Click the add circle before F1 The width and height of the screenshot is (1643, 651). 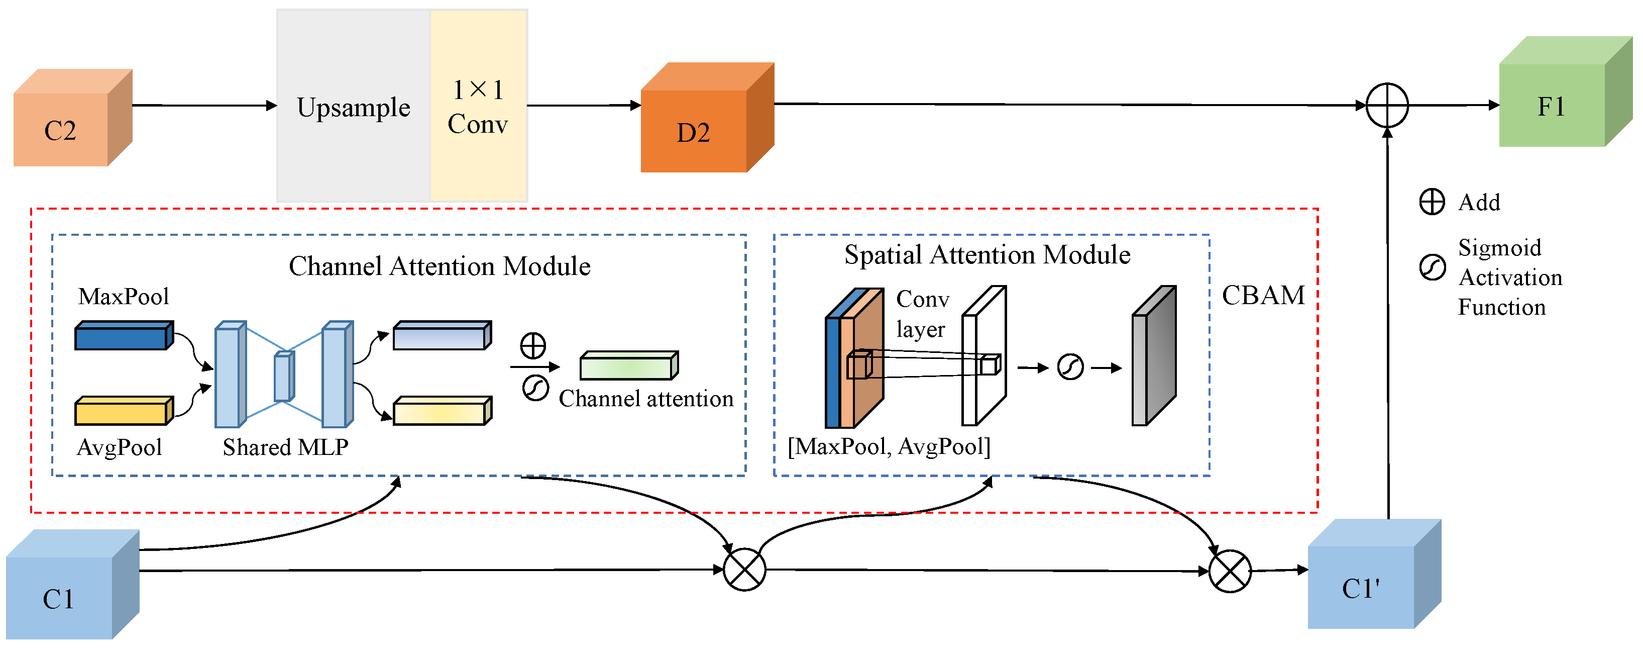pyautogui.click(x=1387, y=105)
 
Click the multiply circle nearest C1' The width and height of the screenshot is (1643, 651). pyautogui.click(x=1230, y=571)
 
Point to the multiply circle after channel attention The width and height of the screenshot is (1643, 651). pyautogui.click(x=744, y=569)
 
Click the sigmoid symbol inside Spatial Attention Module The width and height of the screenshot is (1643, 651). pyautogui.click(x=1070, y=367)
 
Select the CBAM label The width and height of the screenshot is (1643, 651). pyautogui.click(x=1263, y=296)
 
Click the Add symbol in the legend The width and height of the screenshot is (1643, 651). pyautogui.click(x=1432, y=202)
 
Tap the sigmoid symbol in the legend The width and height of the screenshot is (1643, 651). pyautogui.click(x=1432, y=267)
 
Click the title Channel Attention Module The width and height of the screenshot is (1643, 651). pyautogui.click(x=440, y=266)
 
